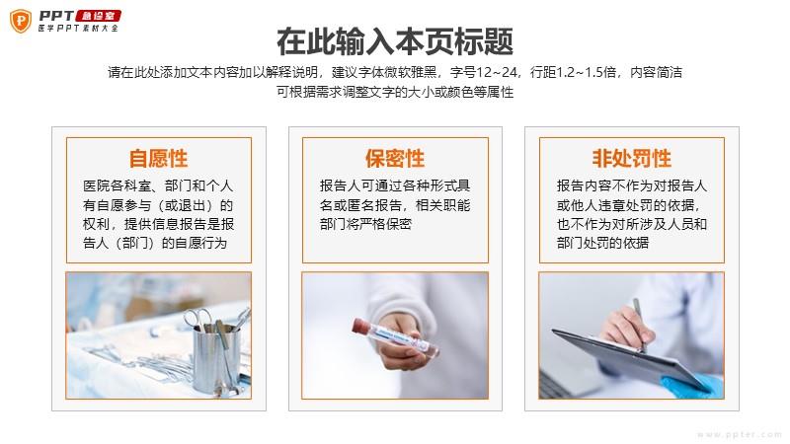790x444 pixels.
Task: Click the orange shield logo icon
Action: pos(21,21)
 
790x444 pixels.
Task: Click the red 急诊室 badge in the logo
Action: pos(98,16)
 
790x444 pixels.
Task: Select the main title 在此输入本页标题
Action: pos(395,41)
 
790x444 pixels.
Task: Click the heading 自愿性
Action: pos(159,158)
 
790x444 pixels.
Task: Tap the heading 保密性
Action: pos(395,158)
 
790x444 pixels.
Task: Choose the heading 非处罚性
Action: pos(632,158)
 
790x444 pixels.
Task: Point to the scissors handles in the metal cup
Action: pos(197,318)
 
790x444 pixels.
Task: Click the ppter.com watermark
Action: pos(739,434)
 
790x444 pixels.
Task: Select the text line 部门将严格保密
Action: pos(365,224)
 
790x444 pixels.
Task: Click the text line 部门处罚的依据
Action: pos(602,243)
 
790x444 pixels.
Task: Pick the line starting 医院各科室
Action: pos(158,185)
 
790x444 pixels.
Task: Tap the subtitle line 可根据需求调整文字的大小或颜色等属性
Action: pos(395,92)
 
